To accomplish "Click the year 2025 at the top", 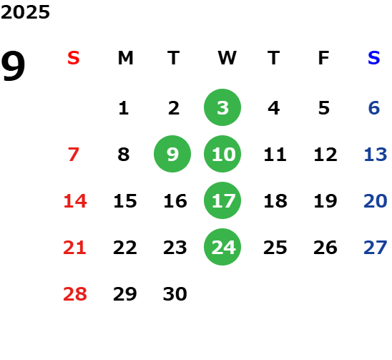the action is click(25, 12).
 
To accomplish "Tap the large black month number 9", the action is click(13, 66).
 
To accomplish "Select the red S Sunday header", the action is click(74, 58).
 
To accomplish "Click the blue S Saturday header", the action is click(374, 58).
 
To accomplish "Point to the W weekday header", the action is click(227, 58).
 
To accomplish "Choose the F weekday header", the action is click(324, 58).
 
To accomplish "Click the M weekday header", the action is click(125, 58).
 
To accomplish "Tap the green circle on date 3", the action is click(222, 107).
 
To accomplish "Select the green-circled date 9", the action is click(172, 154).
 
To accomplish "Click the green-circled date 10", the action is click(222, 154).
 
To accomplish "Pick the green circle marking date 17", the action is click(222, 200).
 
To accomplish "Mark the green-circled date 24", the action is click(222, 247).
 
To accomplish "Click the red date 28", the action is click(75, 293).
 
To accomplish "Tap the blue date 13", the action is click(376, 154).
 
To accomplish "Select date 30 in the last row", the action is click(175, 293).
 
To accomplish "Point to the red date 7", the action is click(74, 154).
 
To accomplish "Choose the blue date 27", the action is click(376, 248).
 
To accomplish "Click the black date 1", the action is click(124, 108).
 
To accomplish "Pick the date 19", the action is click(325, 200).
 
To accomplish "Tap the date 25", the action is click(275, 248).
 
